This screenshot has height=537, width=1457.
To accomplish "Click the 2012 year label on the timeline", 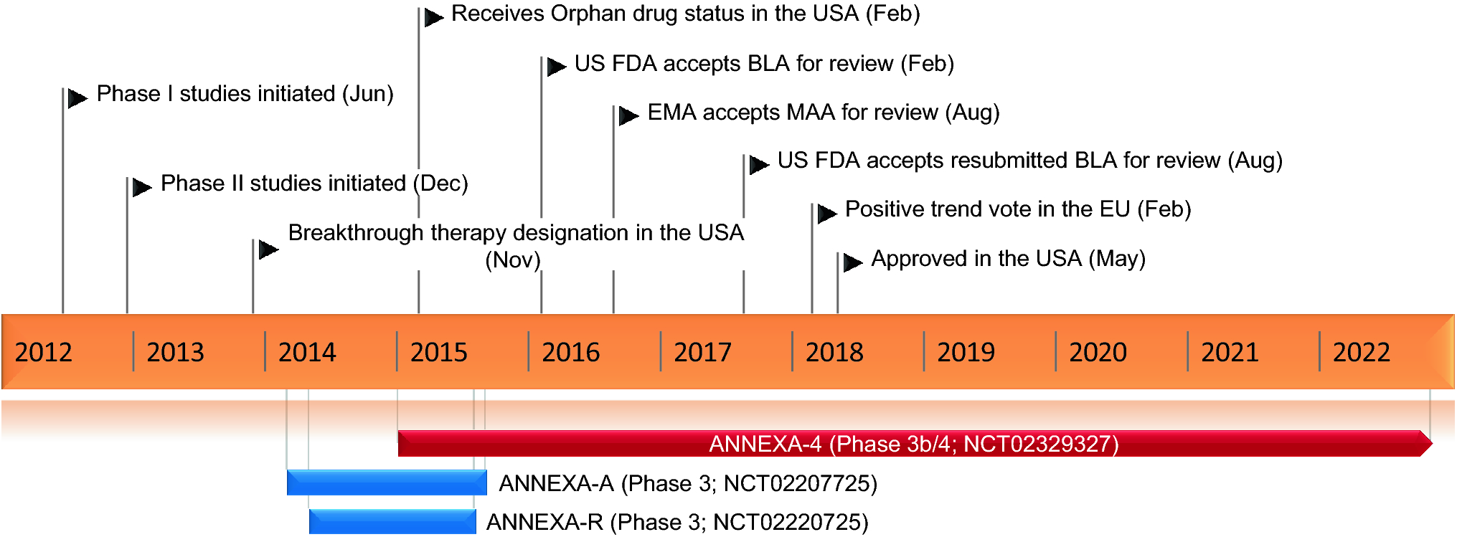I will (x=44, y=352).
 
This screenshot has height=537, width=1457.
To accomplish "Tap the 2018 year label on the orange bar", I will (x=834, y=352).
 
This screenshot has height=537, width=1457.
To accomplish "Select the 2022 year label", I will (x=1362, y=352).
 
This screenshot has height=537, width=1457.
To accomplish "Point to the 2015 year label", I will (x=438, y=352).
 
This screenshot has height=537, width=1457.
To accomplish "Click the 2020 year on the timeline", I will (x=1098, y=352).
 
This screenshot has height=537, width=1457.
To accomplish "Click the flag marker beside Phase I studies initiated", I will (x=77, y=98).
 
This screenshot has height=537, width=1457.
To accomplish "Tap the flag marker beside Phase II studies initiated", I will (x=141, y=187).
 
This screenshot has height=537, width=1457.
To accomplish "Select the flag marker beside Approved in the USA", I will (x=852, y=262).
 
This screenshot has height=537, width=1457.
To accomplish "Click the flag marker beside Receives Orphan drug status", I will (x=433, y=17).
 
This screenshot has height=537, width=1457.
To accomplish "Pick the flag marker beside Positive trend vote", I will (x=826, y=213).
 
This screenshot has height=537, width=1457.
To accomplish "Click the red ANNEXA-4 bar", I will (x=911, y=444).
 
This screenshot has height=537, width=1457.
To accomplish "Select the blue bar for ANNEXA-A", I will (x=386, y=483).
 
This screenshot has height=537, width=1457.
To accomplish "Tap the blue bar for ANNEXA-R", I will (x=392, y=521).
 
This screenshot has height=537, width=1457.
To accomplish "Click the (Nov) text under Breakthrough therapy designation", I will (x=512, y=260).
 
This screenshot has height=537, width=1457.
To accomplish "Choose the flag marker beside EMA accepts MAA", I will (x=628, y=115).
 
